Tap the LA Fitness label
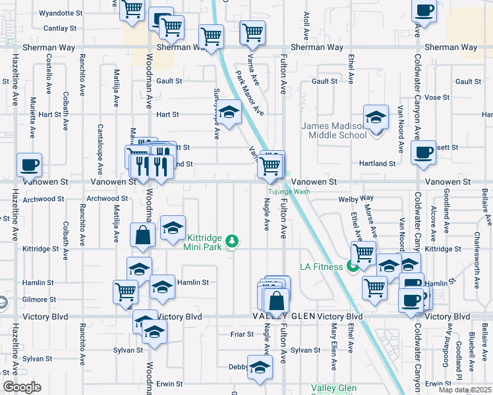[x=321, y=266]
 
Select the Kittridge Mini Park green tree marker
[x=231, y=242]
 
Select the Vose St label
[x=437, y=97]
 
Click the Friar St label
[x=243, y=334]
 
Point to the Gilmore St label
[x=37, y=299]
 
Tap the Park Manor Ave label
[x=250, y=94]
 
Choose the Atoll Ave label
[x=306, y=24]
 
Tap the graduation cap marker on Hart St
[x=229, y=113]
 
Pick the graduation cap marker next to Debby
[x=260, y=367]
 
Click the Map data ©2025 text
[x=465, y=389]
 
